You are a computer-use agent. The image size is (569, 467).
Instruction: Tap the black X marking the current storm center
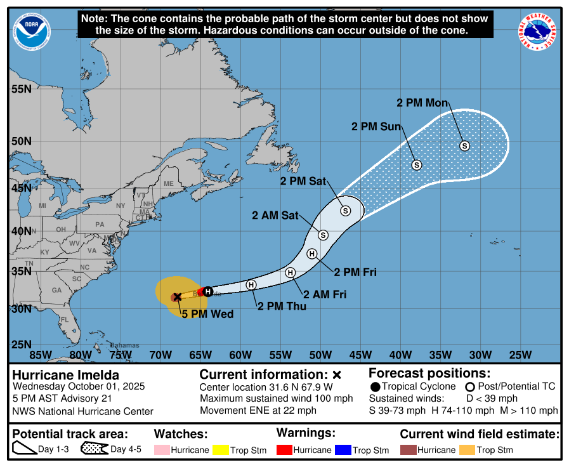click(x=178, y=296)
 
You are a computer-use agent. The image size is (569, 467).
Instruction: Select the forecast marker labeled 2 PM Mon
click(x=464, y=146)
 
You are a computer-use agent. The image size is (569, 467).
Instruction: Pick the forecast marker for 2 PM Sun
click(x=417, y=165)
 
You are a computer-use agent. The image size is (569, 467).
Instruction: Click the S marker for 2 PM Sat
click(x=345, y=211)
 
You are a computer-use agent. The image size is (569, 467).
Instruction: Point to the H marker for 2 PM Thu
click(x=251, y=285)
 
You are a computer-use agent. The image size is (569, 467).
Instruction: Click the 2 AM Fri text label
click(x=325, y=294)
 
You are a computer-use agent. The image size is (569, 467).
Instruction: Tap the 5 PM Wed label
click(x=207, y=314)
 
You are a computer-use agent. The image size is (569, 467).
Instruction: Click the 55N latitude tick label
click(x=22, y=89)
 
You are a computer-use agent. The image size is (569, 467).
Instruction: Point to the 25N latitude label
click(x=22, y=345)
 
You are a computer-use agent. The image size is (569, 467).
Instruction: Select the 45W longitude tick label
click(x=360, y=354)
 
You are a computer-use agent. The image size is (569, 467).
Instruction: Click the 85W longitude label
click(x=41, y=354)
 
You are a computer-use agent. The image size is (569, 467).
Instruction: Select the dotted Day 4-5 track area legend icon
click(x=93, y=450)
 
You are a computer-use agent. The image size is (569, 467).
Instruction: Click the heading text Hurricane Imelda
click(x=56, y=374)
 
